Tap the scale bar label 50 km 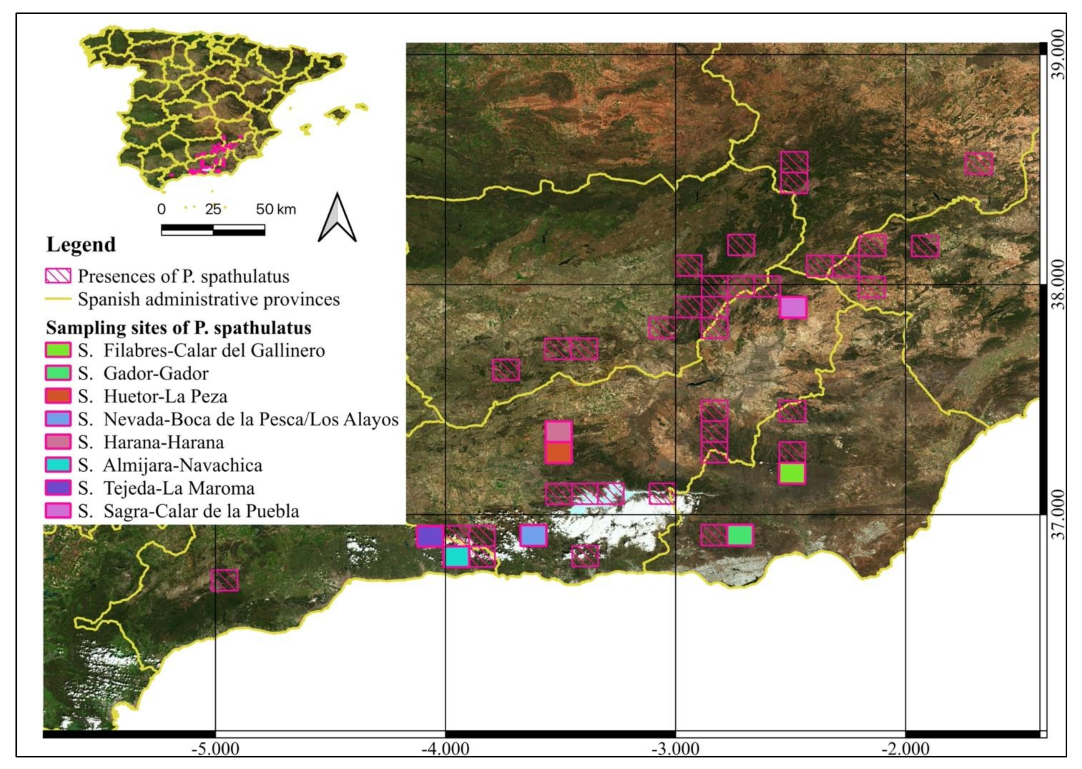click(276, 209)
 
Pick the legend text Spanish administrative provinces click(208, 299)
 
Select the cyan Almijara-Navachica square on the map click(457, 557)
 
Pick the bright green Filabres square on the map click(792, 473)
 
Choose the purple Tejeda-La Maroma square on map click(430, 536)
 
